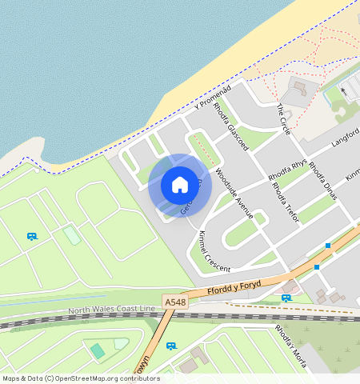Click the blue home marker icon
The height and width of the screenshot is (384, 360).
coord(180,185)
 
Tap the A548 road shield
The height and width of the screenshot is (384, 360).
coord(174,302)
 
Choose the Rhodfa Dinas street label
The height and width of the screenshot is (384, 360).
coord(322,182)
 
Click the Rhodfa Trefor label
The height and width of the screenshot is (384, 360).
coord(286,200)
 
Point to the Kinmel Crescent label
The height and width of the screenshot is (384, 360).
coord(214,250)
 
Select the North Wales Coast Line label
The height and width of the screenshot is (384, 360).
coord(111,310)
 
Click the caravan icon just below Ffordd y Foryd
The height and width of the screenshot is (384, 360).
coord(286,298)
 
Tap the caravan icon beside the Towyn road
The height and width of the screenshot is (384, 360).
coord(170,346)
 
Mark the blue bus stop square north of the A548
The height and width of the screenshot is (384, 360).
coord(328,245)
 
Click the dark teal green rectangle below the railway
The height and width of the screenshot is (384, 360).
coord(98,350)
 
